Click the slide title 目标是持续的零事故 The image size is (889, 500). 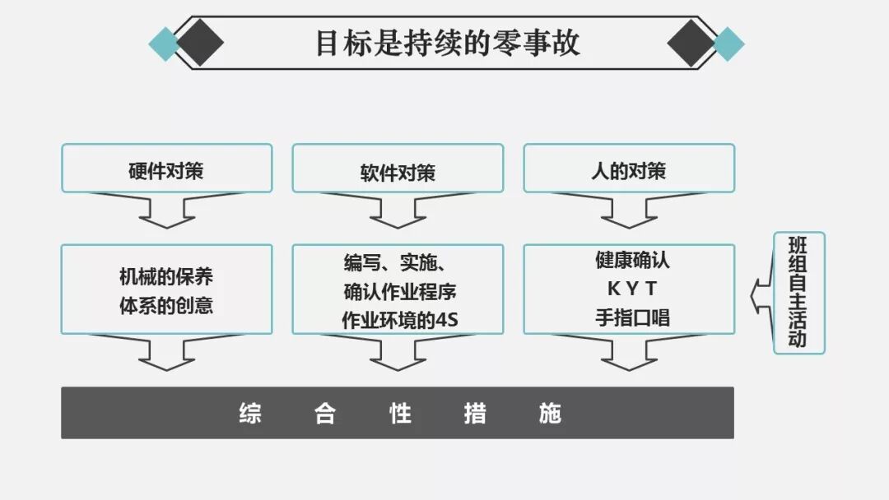pyautogui.click(x=448, y=43)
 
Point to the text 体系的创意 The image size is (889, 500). pyautogui.click(x=166, y=306)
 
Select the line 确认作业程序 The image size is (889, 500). pyautogui.click(x=400, y=291)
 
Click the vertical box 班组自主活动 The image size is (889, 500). pyautogui.click(x=798, y=293)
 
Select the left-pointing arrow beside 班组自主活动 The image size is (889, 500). pyautogui.click(x=762, y=292)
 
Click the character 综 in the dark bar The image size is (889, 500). pyautogui.click(x=250, y=413)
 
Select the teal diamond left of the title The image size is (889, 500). pyautogui.click(x=165, y=44)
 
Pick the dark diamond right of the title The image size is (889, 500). pyautogui.click(x=691, y=44)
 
